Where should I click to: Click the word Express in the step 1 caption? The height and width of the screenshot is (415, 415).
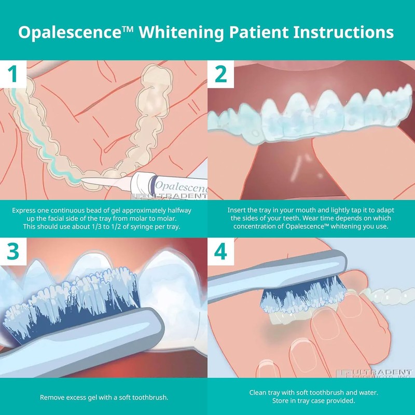pyautogui.click(x=25, y=211)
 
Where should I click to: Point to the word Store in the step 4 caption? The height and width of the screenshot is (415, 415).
pyautogui.click(x=281, y=402)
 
